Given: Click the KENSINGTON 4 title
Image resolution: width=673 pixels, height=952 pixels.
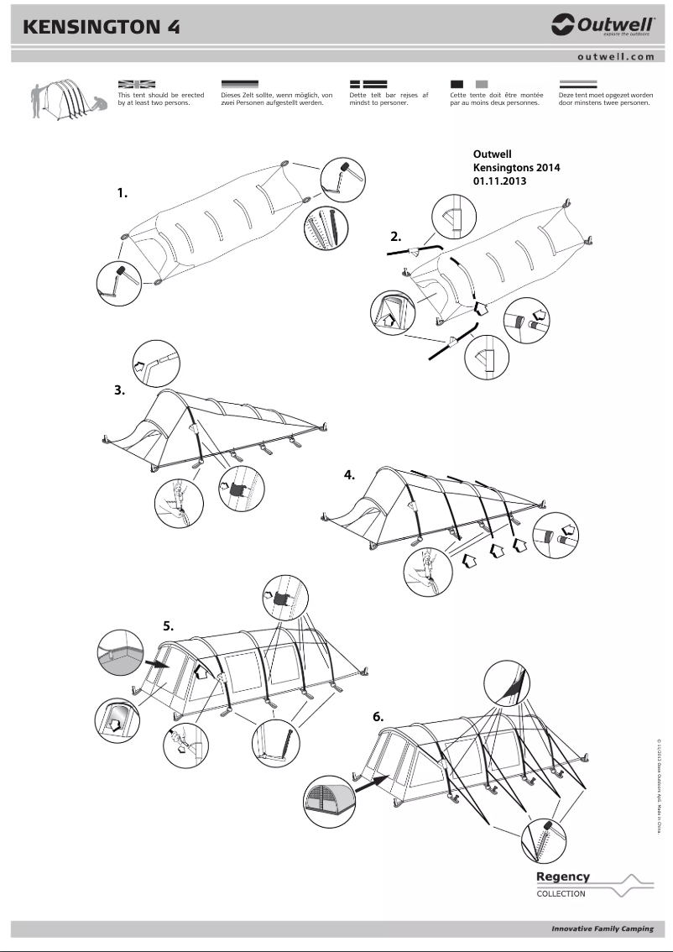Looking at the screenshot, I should pos(102,27).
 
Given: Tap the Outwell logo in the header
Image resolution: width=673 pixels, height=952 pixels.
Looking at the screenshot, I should pos(603,27).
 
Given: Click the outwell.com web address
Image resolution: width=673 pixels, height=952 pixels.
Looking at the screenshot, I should pos(615,57).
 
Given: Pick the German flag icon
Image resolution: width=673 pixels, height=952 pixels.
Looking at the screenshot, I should pos(239,85).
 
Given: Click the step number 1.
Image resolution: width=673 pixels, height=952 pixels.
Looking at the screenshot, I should pos(123,193).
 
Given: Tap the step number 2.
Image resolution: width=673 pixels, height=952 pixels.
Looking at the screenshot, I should pos(396,236).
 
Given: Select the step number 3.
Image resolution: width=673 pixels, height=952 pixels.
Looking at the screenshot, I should pos(119,390).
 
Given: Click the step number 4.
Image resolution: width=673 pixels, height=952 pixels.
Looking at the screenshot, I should pos(349,475).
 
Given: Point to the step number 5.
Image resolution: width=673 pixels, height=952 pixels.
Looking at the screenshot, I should pos(168,625).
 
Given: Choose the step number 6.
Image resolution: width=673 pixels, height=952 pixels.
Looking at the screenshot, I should pos(378,717).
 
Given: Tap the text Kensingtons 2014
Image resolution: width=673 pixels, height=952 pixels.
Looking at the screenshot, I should pos(516,168).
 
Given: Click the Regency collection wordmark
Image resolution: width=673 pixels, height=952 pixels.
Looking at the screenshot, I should pos(563,876).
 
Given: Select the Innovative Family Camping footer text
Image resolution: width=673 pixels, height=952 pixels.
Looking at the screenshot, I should pos(602,929).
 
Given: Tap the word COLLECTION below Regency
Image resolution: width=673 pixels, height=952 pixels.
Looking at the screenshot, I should pos(561,894).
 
